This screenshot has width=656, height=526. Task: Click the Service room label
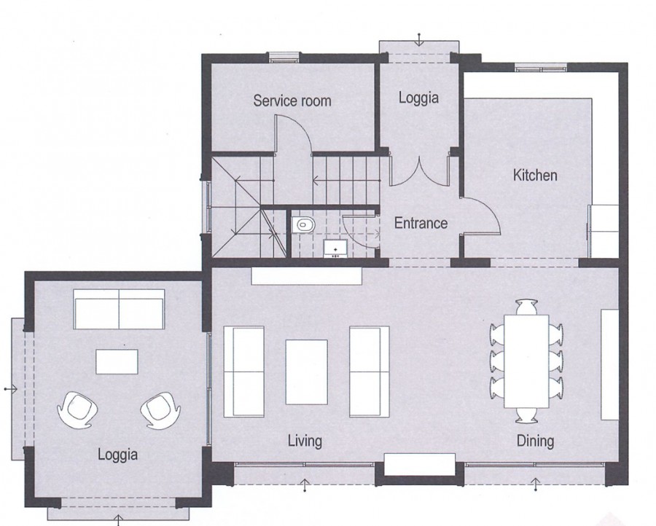(x=292, y=101)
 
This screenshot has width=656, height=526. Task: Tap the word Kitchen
(x=535, y=175)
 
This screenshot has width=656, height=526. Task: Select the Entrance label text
(x=421, y=223)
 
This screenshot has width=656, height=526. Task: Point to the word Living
(x=304, y=440)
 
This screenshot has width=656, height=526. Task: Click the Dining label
(x=535, y=440)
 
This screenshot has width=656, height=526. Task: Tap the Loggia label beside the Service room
(x=418, y=97)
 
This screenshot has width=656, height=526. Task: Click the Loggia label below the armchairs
(x=117, y=455)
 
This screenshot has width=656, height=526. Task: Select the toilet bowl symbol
(x=302, y=224)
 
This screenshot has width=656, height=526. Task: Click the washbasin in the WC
(x=336, y=249)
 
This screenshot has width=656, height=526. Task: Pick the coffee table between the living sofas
(x=306, y=372)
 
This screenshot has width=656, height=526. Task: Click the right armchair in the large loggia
(x=158, y=409)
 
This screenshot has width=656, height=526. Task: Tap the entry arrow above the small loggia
(x=419, y=39)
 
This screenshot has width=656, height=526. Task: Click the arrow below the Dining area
(x=536, y=482)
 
